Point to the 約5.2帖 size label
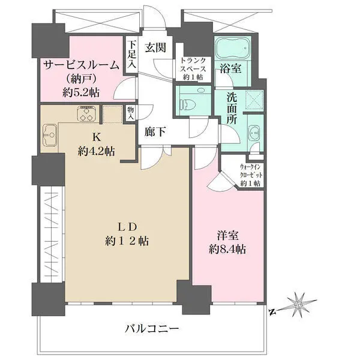[x=79, y=92]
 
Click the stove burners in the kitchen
[x=87, y=113]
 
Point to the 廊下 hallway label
[x=155, y=131]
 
